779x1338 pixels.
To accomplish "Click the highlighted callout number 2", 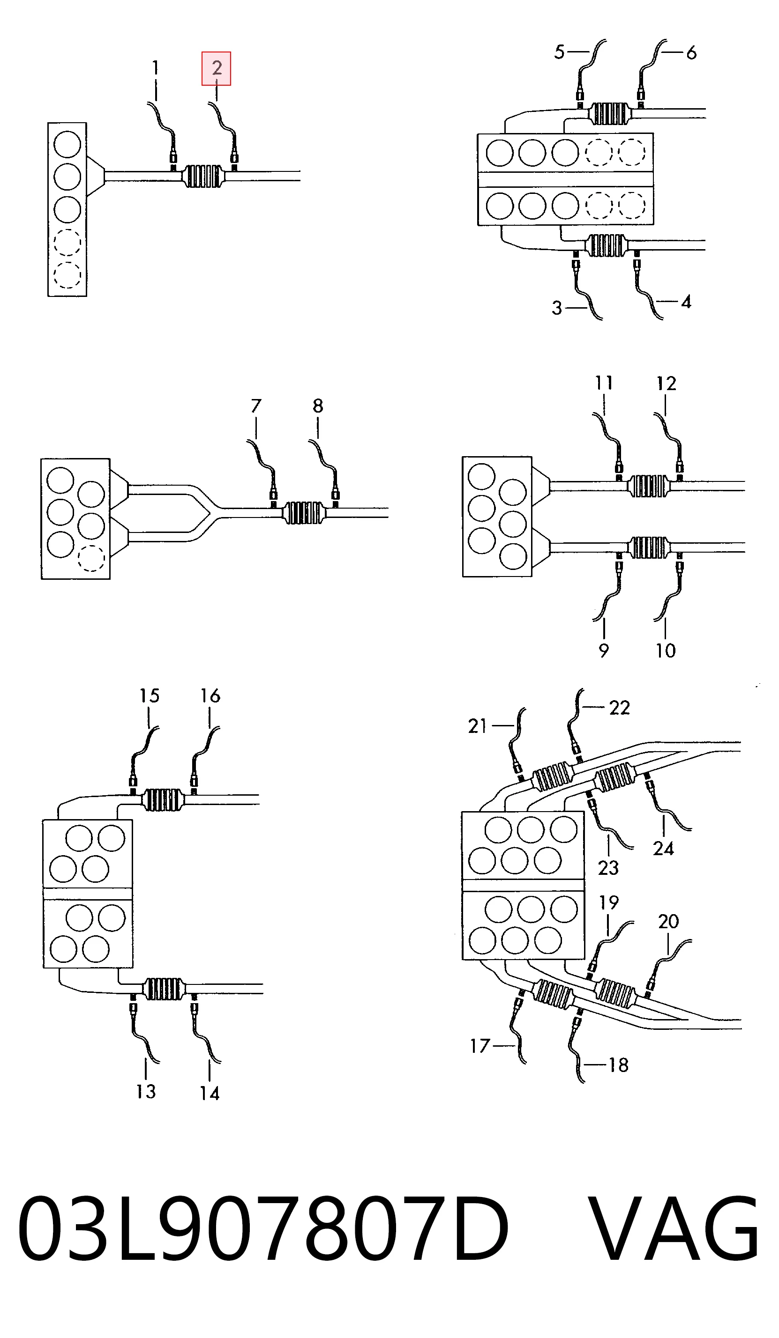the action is pyautogui.click(x=216, y=68).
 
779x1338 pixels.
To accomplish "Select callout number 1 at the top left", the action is pyautogui.click(x=155, y=68).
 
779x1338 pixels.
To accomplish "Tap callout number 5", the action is pyautogui.click(x=559, y=52).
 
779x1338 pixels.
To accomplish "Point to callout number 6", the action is pyautogui.click(x=691, y=52).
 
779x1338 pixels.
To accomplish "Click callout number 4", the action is pyautogui.click(x=686, y=302).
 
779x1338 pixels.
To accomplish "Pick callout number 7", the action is pyautogui.click(x=256, y=406).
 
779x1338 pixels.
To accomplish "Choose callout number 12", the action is pyautogui.click(x=667, y=384).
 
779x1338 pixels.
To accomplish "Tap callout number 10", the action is pyautogui.click(x=665, y=651).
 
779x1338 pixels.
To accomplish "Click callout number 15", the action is pyautogui.click(x=150, y=695).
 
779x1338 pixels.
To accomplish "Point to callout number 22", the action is pyautogui.click(x=620, y=708).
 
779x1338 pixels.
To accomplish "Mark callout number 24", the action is pyautogui.click(x=664, y=849).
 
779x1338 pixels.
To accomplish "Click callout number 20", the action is pyautogui.click(x=668, y=921).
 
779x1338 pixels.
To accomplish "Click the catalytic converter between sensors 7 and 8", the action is pyautogui.click(x=304, y=513).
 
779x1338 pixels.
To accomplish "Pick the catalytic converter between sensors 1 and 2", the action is pyautogui.click(x=203, y=176).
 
